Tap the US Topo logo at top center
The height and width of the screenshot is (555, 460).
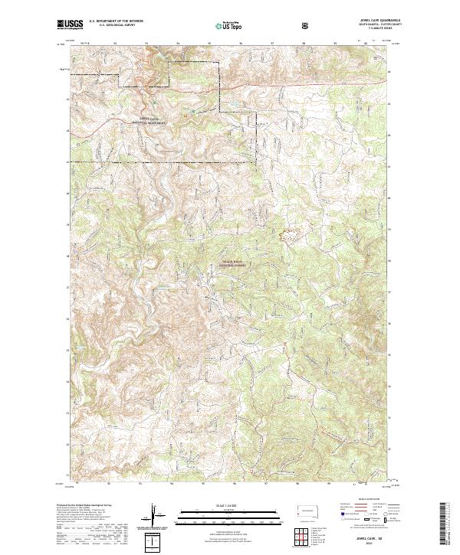tap(225, 25)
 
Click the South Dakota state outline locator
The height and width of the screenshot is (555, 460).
tap(310, 511)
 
